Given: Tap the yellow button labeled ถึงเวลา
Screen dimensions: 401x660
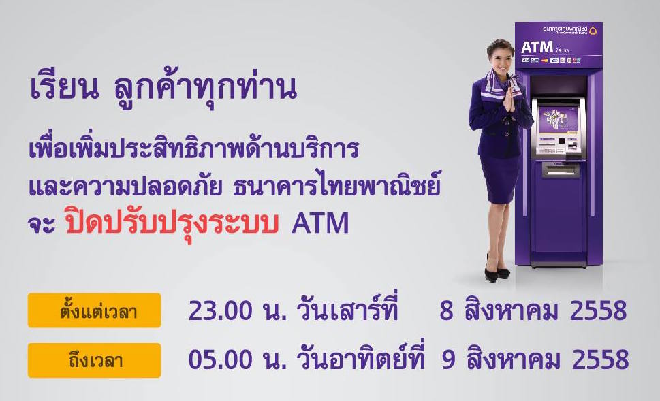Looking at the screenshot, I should [x=94, y=360].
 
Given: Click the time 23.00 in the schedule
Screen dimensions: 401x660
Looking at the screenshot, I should [x=217, y=311].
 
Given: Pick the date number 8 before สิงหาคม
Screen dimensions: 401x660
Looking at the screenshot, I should [x=446, y=311].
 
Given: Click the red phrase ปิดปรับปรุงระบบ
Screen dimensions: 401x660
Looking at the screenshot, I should [x=173, y=224].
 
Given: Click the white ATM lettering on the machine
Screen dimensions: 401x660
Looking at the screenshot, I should [x=535, y=48].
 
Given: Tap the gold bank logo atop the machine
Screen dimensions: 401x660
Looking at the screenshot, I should [x=592, y=30].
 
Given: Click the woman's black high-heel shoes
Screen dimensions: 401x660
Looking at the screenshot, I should [x=497, y=271].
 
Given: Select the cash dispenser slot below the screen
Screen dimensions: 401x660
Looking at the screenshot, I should [x=561, y=168].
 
